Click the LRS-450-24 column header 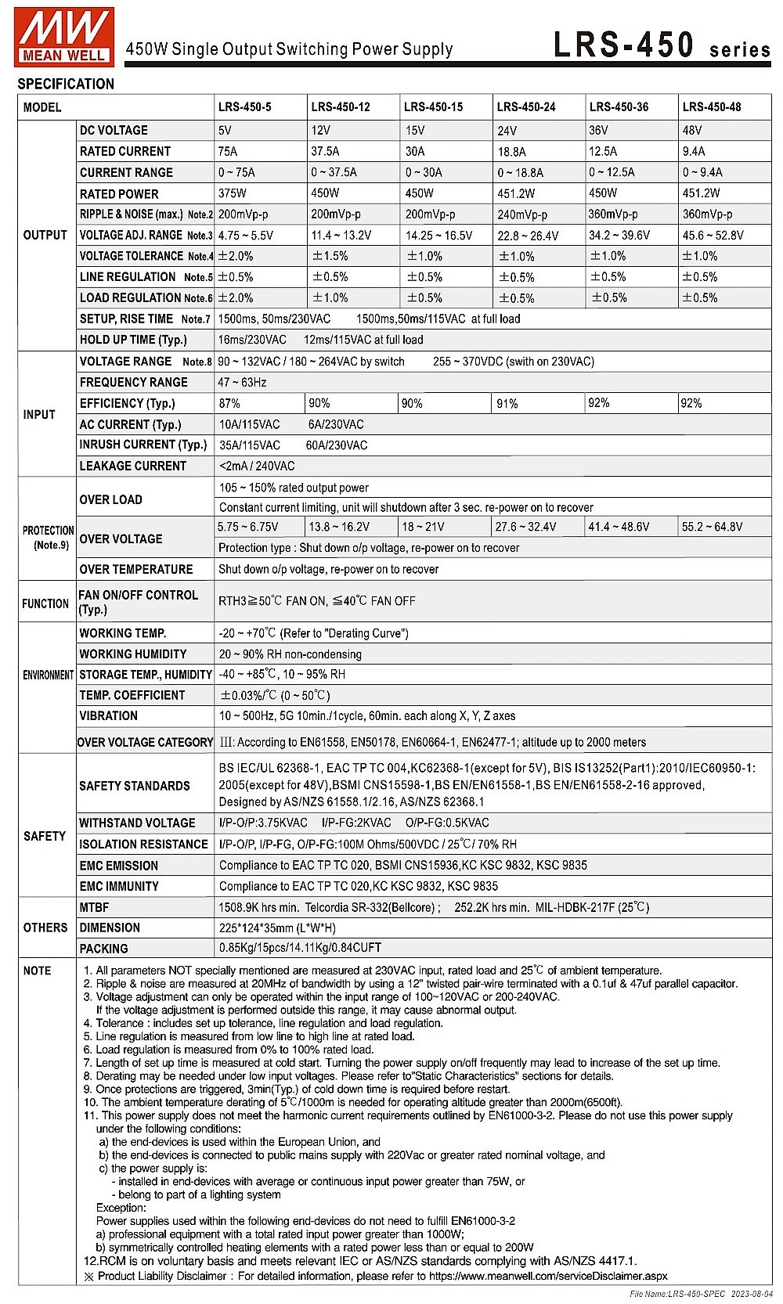(x=526, y=107)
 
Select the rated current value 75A (x=228, y=151)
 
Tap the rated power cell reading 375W (x=232, y=193)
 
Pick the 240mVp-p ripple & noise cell (x=522, y=214)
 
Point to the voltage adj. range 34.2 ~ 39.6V (x=619, y=235)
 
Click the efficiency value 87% (x=229, y=403)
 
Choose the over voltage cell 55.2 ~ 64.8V (x=712, y=527)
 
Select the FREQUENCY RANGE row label (x=134, y=382)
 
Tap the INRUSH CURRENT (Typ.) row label (x=143, y=445)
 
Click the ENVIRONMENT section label (x=48, y=675)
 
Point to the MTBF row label (x=94, y=907)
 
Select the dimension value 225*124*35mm (x=277, y=928)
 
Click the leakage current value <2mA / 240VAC (x=258, y=466)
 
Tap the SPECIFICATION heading (x=66, y=84)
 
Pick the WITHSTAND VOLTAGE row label (x=137, y=823)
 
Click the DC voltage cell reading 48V (x=692, y=130)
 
